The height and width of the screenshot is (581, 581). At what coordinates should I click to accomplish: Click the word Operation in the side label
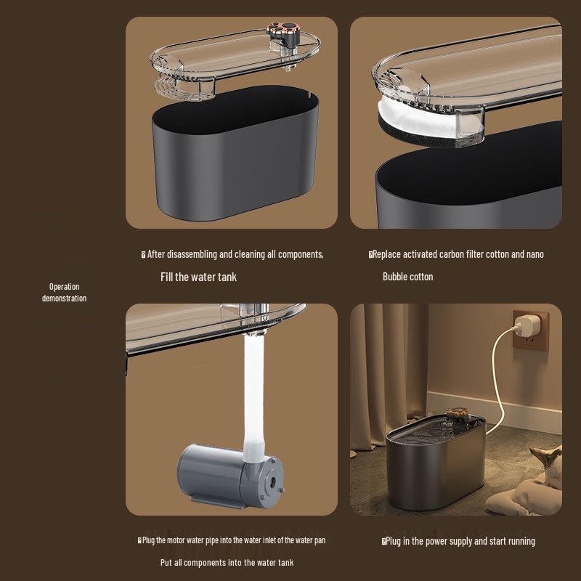(64, 287)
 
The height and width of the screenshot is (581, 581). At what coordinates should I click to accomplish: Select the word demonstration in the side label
(64, 298)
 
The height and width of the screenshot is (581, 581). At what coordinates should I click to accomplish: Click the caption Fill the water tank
(198, 277)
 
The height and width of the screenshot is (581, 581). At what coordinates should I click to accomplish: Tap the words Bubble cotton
(407, 277)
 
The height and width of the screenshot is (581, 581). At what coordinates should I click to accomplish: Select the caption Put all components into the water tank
(227, 563)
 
